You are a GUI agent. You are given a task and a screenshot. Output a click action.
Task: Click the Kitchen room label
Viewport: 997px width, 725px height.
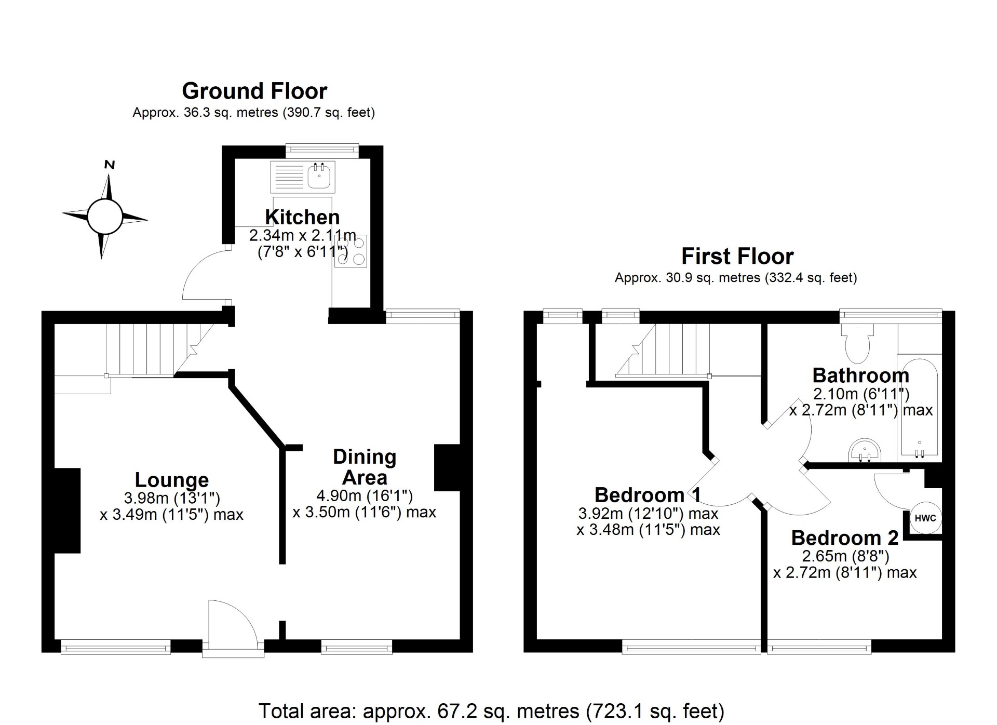pyautogui.click(x=302, y=217)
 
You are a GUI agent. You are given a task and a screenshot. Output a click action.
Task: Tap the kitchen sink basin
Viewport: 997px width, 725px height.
pyautogui.click(x=319, y=177)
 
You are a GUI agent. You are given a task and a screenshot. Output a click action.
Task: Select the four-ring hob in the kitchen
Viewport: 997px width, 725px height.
pyautogui.click(x=351, y=251)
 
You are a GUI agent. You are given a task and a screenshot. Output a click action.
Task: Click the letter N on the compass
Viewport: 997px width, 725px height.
pyautogui.click(x=110, y=165)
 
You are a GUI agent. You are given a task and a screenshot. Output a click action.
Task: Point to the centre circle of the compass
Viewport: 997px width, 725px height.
pyautogui.click(x=104, y=217)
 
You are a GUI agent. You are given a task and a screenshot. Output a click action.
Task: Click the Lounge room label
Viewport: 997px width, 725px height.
pyautogui.click(x=171, y=480)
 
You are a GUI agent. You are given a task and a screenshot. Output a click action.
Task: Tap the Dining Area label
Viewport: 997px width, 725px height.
pyautogui.click(x=365, y=467)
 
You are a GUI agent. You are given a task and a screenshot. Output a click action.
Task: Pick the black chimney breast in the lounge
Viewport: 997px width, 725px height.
pyautogui.click(x=67, y=510)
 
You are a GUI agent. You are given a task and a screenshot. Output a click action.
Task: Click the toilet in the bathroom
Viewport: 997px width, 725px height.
pyautogui.click(x=857, y=344)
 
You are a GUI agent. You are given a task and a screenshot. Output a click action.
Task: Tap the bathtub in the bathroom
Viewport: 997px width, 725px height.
pyautogui.click(x=919, y=408)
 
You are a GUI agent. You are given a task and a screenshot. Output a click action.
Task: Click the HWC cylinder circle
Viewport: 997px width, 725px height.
pyautogui.click(x=925, y=518)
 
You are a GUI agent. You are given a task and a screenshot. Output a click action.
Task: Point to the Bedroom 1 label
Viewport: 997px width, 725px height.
pyautogui.click(x=648, y=495)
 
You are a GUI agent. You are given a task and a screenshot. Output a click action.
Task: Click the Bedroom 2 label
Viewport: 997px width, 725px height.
pyautogui.click(x=844, y=538)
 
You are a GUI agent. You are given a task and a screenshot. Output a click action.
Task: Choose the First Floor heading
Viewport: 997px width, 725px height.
pyautogui.click(x=737, y=257)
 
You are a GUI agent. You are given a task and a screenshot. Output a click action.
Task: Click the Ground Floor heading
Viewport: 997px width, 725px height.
pyautogui.click(x=254, y=91)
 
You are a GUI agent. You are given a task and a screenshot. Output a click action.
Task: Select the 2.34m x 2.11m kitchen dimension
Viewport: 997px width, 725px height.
pyautogui.click(x=302, y=235)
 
